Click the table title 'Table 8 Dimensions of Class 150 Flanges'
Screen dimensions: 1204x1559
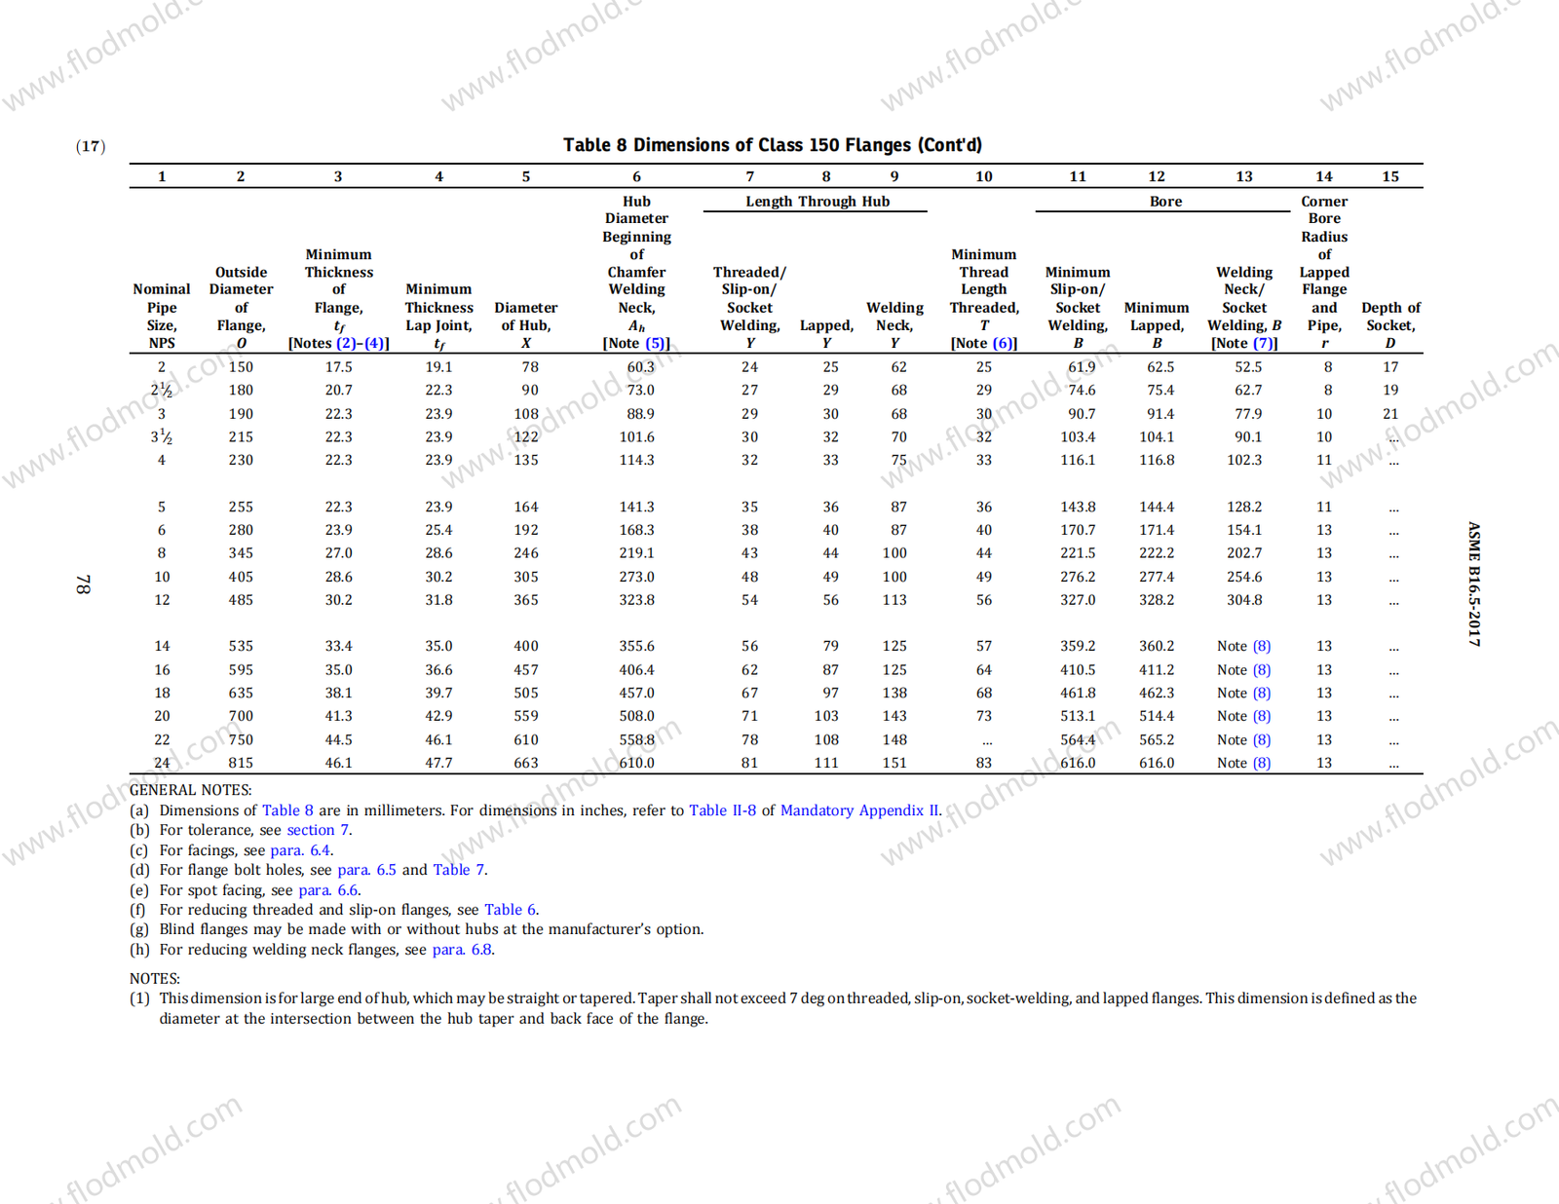772,145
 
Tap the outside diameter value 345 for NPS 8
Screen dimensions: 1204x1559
241,553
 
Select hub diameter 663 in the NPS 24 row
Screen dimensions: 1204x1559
526,763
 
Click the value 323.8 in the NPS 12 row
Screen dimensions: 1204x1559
636,600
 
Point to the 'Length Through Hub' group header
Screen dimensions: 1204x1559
818,202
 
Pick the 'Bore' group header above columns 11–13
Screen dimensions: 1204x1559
1165,202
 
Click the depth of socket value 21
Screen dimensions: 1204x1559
1390,414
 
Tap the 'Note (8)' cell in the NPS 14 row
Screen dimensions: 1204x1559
1243,646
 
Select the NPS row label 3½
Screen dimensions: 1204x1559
162,437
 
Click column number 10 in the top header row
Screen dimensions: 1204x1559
984,176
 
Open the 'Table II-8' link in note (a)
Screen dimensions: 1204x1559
722,810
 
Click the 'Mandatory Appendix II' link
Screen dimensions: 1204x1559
859,810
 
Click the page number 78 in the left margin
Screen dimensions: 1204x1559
84,584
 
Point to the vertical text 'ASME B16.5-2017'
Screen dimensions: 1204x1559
1474,584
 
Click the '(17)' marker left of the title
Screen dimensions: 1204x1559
91,146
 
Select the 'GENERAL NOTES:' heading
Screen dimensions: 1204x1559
191,790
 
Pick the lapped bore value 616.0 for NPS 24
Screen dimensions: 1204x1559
1157,763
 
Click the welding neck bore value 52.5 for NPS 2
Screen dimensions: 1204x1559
1248,367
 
